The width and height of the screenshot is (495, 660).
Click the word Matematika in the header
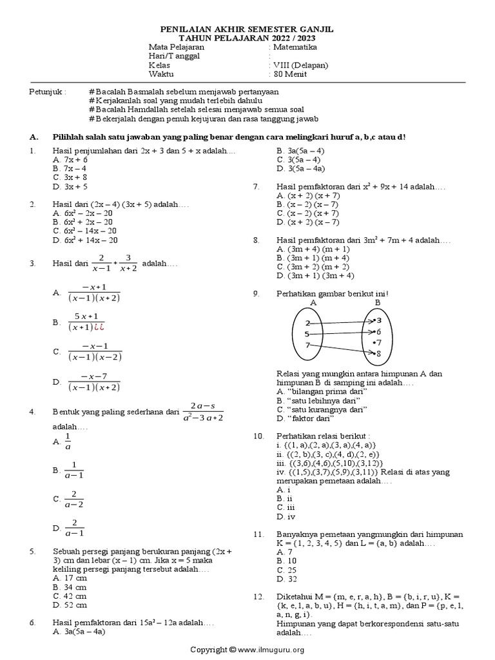[295, 47]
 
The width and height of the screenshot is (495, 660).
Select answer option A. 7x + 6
[70, 159]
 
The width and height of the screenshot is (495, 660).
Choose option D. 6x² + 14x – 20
[85, 240]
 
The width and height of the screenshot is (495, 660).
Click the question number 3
[32, 264]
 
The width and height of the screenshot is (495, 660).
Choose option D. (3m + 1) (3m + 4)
[315, 275]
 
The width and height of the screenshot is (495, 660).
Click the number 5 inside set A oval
[307, 334]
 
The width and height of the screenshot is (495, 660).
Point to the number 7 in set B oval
[378, 342]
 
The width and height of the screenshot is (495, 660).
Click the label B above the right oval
[377, 302]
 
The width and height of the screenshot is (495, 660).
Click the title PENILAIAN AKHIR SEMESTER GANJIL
[247, 30]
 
